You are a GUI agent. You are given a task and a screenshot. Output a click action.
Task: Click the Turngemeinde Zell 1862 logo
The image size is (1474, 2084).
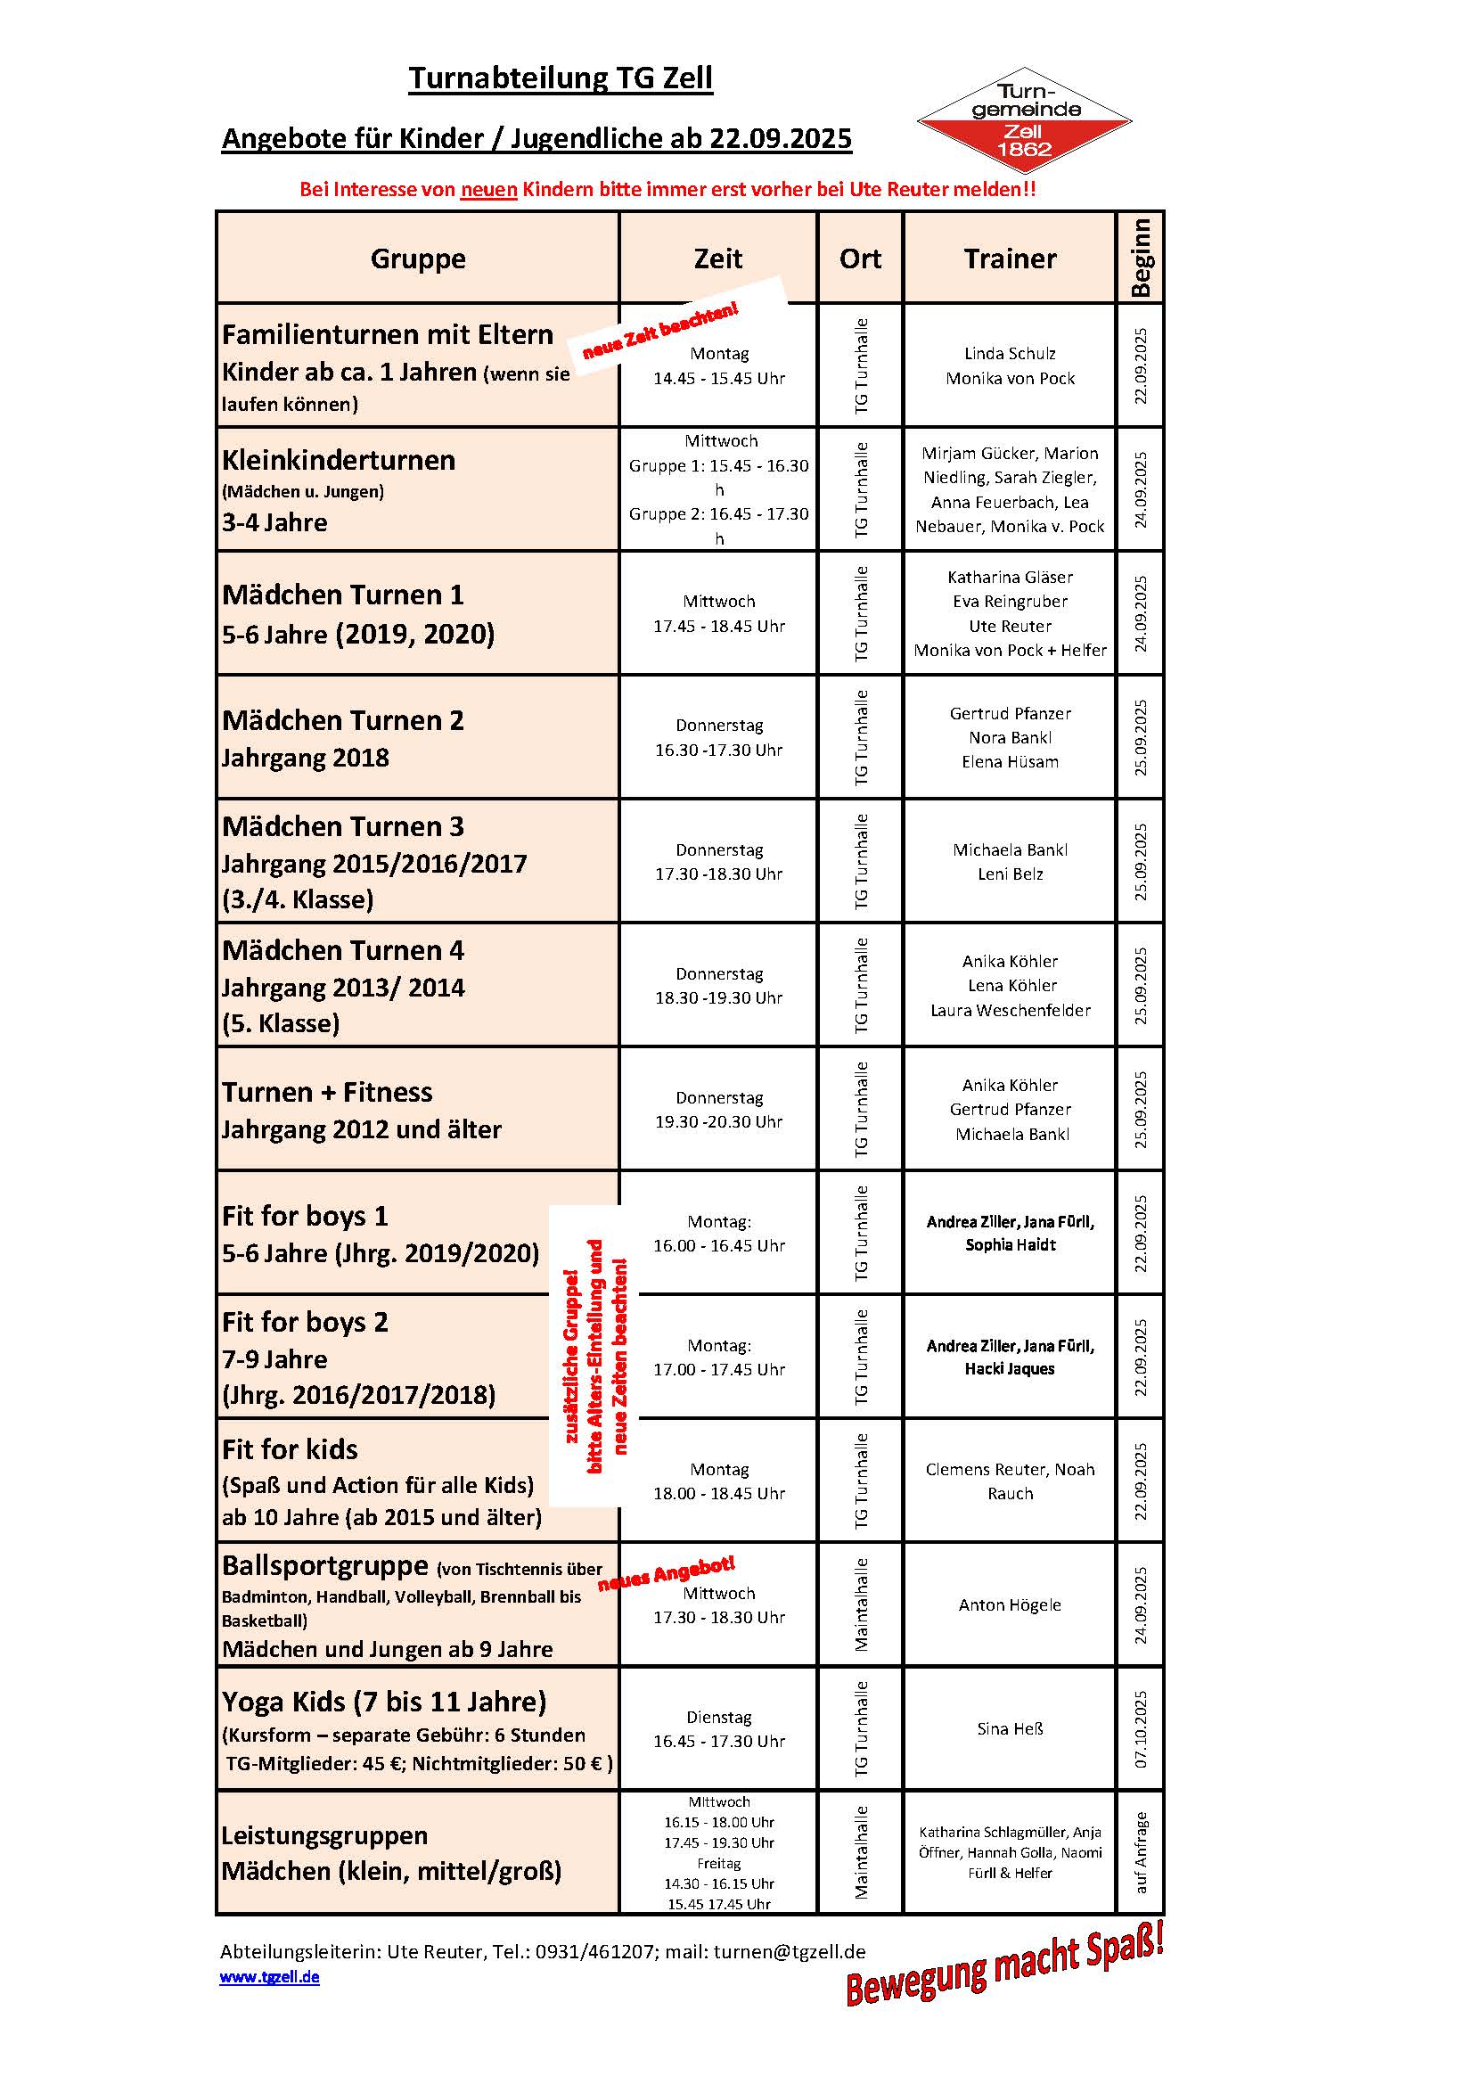pyautogui.click(x=1024, y=121)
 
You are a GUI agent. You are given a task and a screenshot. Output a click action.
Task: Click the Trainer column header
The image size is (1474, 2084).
pyautogui.click(x=1010, y=258)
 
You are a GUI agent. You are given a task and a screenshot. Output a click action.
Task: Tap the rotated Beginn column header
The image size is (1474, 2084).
pyautogui.click(x=1140, y=258)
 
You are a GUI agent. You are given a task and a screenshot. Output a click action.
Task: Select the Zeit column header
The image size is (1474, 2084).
pyautogui.click(x=718, y=258)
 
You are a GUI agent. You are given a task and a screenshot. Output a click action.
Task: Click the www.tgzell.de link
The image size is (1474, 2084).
pyautogui.click(x=268, y=1977)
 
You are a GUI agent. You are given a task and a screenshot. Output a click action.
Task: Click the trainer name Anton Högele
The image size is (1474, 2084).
pyautogui.click(x=1010, y=1604)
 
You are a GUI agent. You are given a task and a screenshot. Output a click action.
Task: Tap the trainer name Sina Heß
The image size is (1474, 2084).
pyautogui.click(x=1010, y=1728)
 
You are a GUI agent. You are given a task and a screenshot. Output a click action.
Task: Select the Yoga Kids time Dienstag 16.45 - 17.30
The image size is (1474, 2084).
pyautogui.click(x=719, y=1729)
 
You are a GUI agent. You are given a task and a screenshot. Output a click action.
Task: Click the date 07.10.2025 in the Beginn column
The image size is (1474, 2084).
pyautogui.click(x=1141, y=1728)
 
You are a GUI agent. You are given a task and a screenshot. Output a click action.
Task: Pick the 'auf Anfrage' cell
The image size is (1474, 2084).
pyautogui.click(x=1141, y=1852)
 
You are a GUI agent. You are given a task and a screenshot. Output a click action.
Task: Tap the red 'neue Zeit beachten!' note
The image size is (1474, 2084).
pyautogui.click(x=660, y=332)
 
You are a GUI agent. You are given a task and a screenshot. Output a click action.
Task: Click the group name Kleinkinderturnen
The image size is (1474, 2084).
pyautogui.click(x=339, y=460)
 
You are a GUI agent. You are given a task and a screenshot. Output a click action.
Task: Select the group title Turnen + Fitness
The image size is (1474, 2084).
pyautogui.click(x=327, y=1092)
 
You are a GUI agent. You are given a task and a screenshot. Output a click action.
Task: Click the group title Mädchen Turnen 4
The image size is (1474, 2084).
pyautogui.click(x=343, y=950)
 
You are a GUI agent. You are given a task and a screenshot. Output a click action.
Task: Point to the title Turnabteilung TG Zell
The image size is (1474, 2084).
pyautogui.click(x=560, y=78)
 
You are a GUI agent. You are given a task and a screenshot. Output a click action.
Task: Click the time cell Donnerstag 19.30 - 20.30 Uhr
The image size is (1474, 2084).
pyautogui.click(x=719, y=1109)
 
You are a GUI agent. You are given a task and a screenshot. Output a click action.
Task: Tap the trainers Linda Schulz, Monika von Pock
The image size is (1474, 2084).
pyautogui.click(x=1010, y=365)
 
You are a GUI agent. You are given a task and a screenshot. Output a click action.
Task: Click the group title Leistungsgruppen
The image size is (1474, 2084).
pyautogui.click(x=324, y=1835)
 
